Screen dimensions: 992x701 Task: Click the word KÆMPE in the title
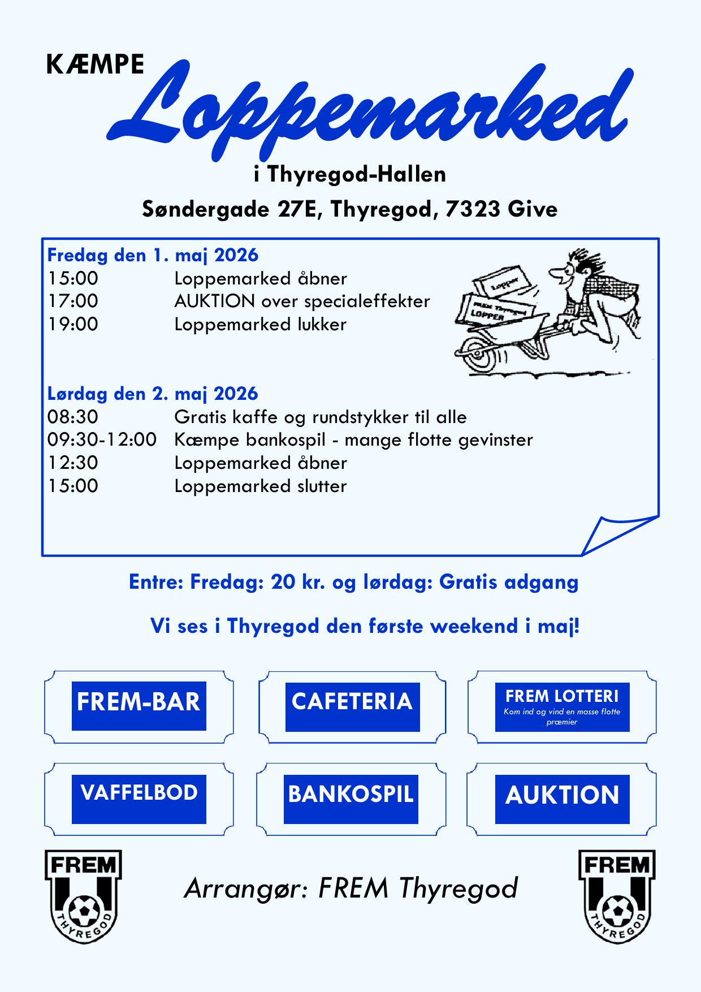[94, 65]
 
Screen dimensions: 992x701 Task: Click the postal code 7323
[473, 209]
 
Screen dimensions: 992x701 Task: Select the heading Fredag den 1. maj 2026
[153, 255]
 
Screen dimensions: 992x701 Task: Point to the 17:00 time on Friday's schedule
[72, 301]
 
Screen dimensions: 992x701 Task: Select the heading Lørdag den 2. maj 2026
[153, 394]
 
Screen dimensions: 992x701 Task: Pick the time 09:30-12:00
[102, 439]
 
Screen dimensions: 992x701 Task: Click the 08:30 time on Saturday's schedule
[72, 417]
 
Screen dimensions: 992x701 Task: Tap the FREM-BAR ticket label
[139, 702]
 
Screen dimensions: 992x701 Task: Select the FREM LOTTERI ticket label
[562, 697]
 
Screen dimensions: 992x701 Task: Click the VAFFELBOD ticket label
[139, 793]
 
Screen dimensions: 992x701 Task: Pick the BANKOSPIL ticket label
[350, 794]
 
